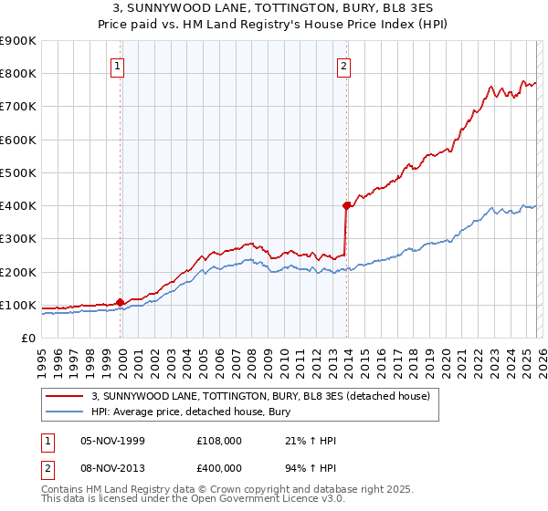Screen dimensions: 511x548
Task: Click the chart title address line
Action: (x=274, y=8)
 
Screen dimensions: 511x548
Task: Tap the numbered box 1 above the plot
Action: (x=120, y=65)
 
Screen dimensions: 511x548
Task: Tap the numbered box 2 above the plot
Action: (x=344, y=65)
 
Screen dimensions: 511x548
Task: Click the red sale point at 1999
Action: (x=121, y=302)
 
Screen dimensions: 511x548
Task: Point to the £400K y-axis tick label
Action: (x=18, y=206)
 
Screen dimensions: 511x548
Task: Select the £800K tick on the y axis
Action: (x=18, y=74)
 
